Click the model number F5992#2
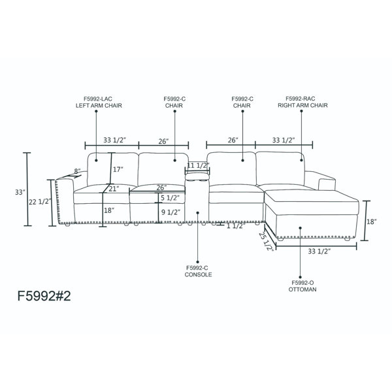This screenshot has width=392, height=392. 44,296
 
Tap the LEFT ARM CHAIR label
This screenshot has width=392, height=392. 99,105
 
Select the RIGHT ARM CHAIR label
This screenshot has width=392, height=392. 302,105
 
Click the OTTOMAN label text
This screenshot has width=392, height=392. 302,289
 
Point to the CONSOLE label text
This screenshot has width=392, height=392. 198,274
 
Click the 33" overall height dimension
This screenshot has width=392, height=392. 20,192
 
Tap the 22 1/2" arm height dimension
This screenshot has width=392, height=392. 40,201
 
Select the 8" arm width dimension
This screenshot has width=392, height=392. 77,171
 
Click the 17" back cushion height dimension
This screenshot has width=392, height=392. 118,169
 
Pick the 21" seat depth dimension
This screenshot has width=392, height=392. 114,189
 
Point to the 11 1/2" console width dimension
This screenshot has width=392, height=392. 198,165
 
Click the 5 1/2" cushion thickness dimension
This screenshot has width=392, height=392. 170,198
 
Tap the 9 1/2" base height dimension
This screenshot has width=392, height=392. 171,212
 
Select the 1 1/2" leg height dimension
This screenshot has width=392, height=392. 236,226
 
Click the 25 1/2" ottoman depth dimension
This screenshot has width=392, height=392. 265,241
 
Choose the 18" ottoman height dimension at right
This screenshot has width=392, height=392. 372,221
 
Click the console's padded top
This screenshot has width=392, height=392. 197,176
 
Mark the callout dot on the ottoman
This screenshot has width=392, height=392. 301,228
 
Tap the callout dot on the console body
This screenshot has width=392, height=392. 198,213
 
